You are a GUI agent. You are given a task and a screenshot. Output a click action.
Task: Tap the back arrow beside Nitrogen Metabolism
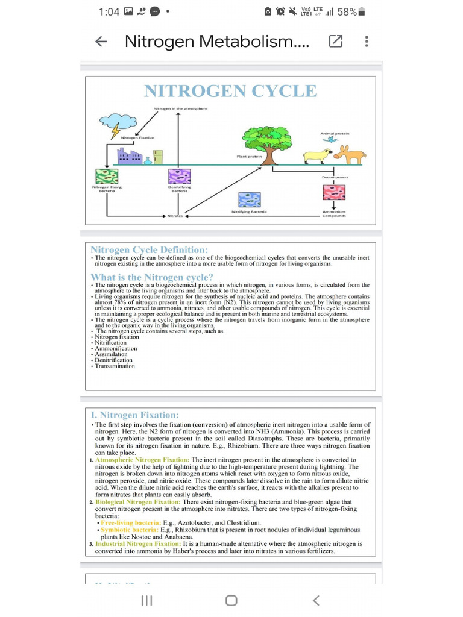(x=101, y=42)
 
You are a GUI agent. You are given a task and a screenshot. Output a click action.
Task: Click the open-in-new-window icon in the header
(x=335, y=42)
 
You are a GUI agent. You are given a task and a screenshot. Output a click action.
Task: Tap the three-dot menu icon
(x=367, y=42)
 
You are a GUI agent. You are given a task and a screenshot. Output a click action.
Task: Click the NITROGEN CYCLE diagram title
(x=230, y=91)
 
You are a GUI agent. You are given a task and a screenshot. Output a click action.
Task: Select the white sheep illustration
(x=318, y=156)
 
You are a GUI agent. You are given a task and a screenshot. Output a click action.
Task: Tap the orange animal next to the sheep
(x=350, y=155)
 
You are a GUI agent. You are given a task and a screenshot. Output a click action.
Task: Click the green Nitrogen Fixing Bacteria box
(x=107, y=177)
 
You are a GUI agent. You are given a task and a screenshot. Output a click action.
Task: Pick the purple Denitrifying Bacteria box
(x=180, y=177)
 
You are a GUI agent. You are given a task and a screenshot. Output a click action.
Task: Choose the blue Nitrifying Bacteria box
(x=249, y=199)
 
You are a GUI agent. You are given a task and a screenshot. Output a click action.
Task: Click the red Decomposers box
(x=334, y=192)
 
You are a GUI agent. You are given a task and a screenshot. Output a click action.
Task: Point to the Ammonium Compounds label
(x=334, y=214)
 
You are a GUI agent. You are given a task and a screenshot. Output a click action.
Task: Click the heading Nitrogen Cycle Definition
(x=149, y=249)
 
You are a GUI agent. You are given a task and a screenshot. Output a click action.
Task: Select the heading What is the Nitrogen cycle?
(x=152, y=277)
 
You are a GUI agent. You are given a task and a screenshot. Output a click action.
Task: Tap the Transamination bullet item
(x=115, y=366)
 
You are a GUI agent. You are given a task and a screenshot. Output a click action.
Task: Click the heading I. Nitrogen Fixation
(x=134, y=415)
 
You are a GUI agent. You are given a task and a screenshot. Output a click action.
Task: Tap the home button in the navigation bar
(x=231, y=600)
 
